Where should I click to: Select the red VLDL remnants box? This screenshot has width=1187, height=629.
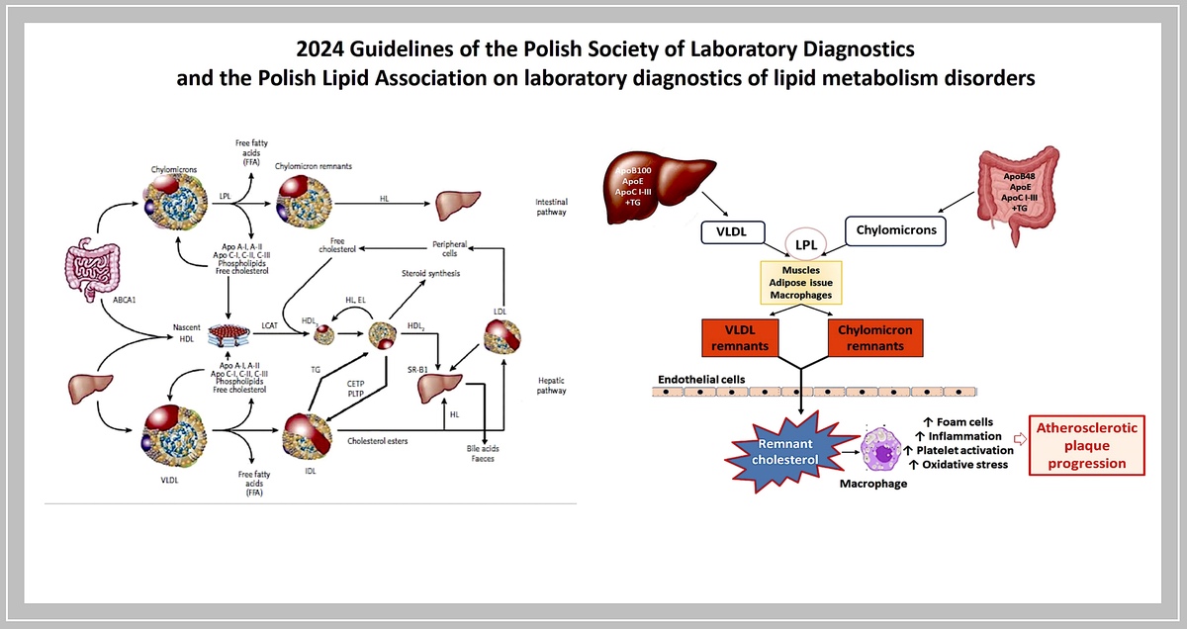(742, 337)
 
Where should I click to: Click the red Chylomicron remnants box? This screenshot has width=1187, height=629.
(874, 337)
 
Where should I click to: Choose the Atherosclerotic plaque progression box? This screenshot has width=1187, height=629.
(1086, 445)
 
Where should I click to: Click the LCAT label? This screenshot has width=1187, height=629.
(269, 324)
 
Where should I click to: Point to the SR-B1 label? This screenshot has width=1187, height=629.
(417, 368)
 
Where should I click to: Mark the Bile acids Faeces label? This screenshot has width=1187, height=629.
(483, 454)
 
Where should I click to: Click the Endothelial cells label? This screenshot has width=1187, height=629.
(702, 379)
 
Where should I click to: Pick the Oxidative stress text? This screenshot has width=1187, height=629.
(963, 465)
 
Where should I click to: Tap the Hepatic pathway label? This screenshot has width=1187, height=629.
(551, 385)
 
